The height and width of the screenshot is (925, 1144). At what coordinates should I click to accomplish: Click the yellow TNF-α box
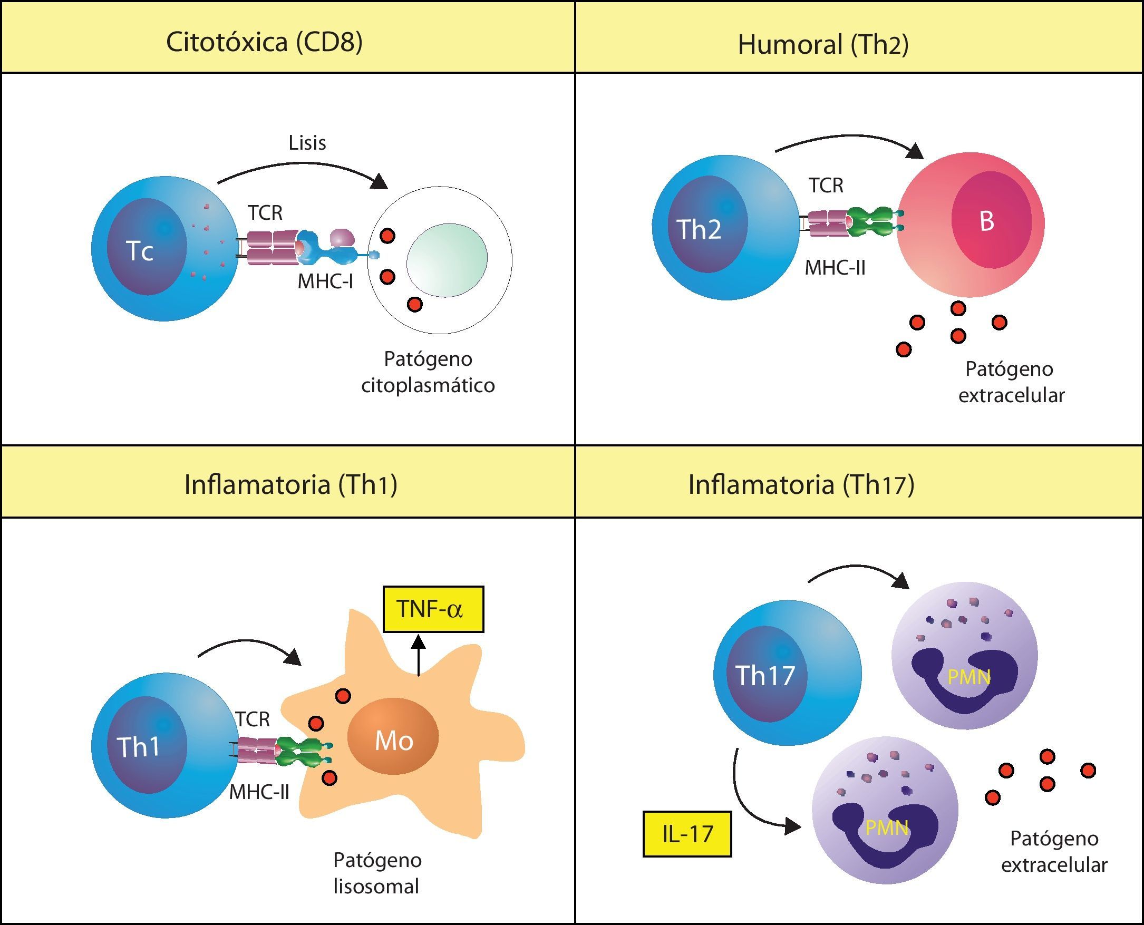click(x=433, y=609)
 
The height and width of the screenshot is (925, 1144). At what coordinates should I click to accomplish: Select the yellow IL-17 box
click(x=687, y=834)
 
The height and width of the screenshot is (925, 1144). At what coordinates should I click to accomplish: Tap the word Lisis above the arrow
click(x=307, y=143)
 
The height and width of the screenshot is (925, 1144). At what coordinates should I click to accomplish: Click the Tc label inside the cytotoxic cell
click(x=140, y=250)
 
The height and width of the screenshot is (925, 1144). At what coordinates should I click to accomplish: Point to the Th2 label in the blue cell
click(x=699, y=229)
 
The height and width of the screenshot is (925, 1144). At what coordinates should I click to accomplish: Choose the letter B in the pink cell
click(x=986, y=221)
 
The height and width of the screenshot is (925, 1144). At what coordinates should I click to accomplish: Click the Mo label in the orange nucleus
click(x=394, y=741)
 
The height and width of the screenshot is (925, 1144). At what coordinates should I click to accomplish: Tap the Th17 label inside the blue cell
click(x=765, y=675)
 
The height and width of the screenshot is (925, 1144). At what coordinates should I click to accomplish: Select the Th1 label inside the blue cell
click(x=138, y=746)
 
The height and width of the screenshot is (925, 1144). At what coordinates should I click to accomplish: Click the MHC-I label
click(x=325, y=281)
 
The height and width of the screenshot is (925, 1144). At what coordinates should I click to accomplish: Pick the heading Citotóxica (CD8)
click(x=264, y=42)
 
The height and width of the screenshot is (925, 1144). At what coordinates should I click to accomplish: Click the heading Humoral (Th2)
click(x=823, y=44)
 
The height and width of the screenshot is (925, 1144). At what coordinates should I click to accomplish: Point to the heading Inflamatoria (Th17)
click(x=801, y=484)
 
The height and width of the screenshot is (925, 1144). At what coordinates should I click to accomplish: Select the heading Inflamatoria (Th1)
click(x=290, y=484)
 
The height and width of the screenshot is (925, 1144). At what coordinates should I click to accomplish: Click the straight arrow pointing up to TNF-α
click(x=419, y=656)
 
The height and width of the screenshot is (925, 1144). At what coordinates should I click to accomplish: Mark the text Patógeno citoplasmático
click(x=428, y=372)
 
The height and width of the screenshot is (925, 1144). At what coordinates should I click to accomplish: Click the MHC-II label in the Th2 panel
click(x=835, y=267)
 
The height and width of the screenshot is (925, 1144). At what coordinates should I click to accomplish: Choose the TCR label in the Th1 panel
click(x=253, y=719)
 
